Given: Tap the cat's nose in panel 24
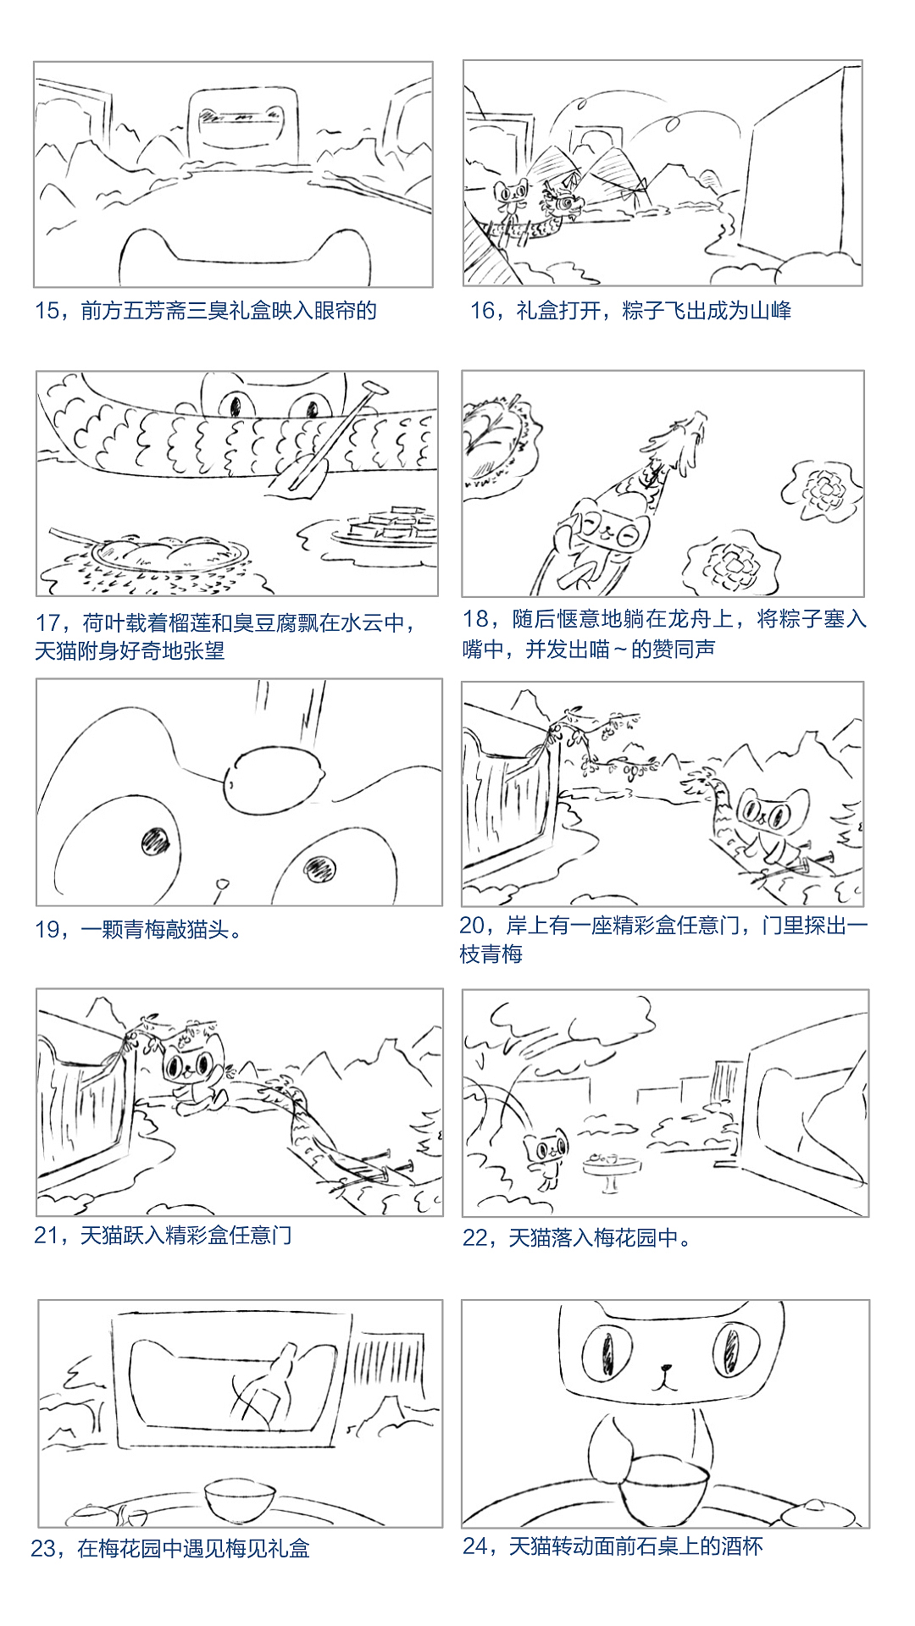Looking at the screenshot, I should pyautogui.click(x=666, y=1367).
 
